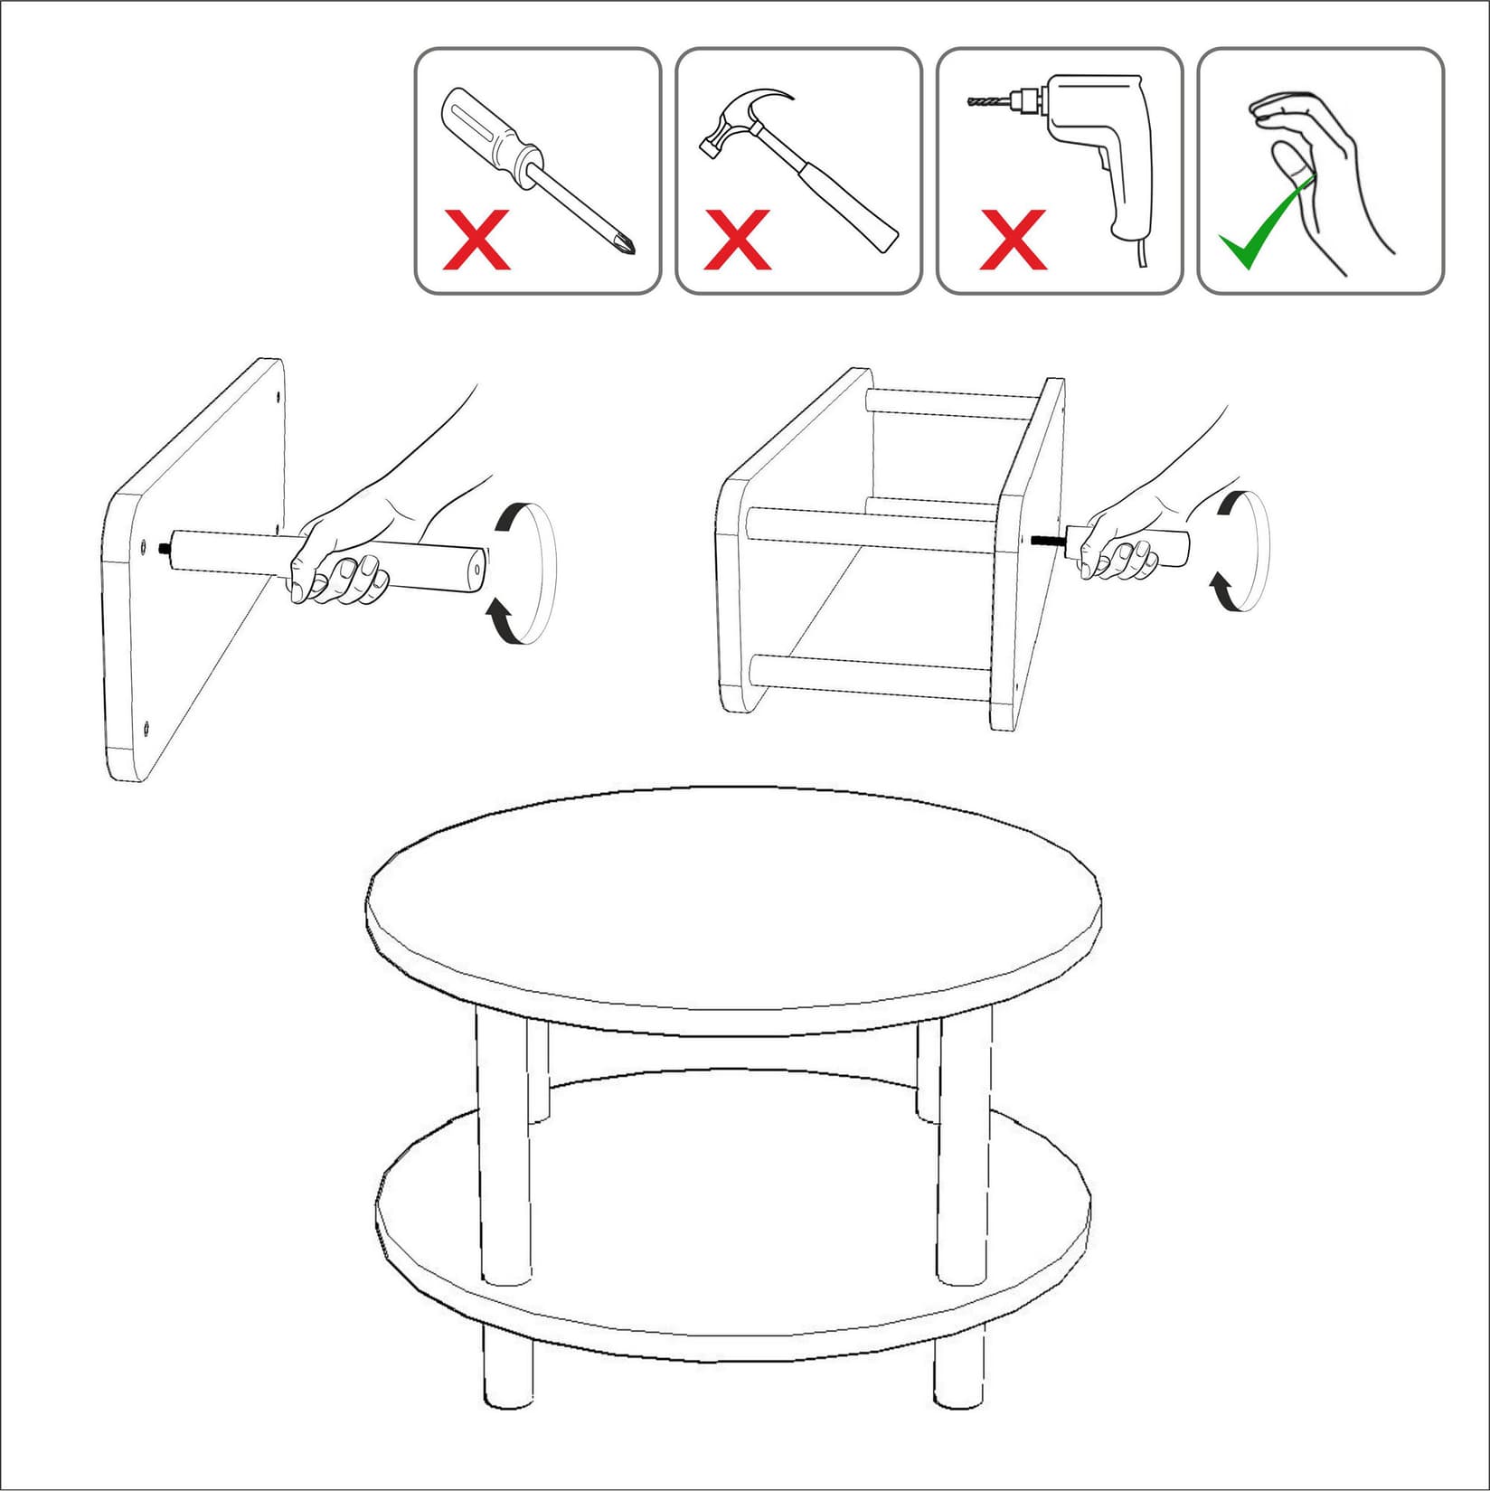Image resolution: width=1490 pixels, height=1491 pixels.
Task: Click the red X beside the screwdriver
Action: pyautogui.click(x=476, y=240)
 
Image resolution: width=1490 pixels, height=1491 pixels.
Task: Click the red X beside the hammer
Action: pyautogui.click(x=737, y=240)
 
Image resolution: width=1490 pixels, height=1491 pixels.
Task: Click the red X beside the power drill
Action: pyautogui.click(x=1014, y=240)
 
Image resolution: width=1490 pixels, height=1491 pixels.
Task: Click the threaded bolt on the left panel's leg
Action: pyautogui.click(x=165, y=547)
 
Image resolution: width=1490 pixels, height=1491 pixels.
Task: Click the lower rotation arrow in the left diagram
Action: pyautogui.click(x=500, y=622)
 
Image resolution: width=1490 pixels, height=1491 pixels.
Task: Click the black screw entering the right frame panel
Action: pyautogui.click(x=1047, y=540)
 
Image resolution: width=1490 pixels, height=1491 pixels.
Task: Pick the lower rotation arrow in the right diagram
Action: pyautogui.click(x=1223, y=592)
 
